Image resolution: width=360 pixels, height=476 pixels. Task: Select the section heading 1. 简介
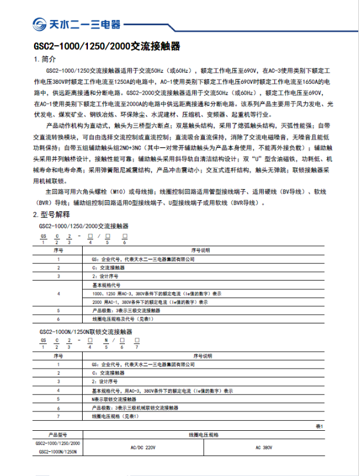coord(45,60)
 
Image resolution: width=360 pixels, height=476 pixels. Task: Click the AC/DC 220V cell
coord(142,448)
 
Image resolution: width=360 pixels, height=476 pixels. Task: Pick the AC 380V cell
coord(264,448)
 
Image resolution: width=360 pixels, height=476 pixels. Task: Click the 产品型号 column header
coord(59,435)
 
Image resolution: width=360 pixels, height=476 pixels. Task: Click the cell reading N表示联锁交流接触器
coord(118,399)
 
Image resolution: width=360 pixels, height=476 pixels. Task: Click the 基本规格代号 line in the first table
coord(105,283)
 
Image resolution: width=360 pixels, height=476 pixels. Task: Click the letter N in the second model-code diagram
coord(106,340)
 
